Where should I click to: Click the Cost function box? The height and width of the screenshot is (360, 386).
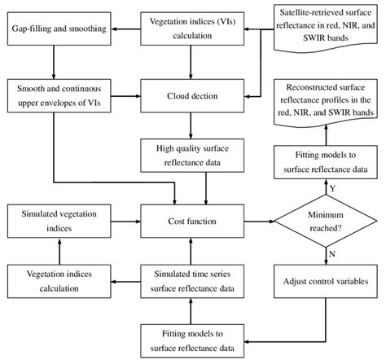(x=189, y=220)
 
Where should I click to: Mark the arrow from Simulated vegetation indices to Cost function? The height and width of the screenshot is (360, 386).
(x=121, y=220)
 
